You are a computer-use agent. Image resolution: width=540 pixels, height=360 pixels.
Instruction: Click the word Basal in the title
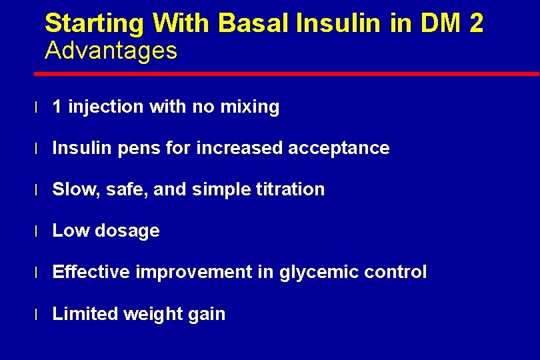tap(254, 24)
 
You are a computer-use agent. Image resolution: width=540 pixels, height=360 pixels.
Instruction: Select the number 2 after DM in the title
tap(475, 24)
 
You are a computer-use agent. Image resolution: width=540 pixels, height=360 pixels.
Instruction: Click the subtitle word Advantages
tap(111, 51)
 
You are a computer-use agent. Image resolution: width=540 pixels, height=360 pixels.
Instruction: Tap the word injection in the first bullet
tap(105, 107)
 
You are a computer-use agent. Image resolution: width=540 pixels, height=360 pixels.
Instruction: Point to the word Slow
tap(73, 189)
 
